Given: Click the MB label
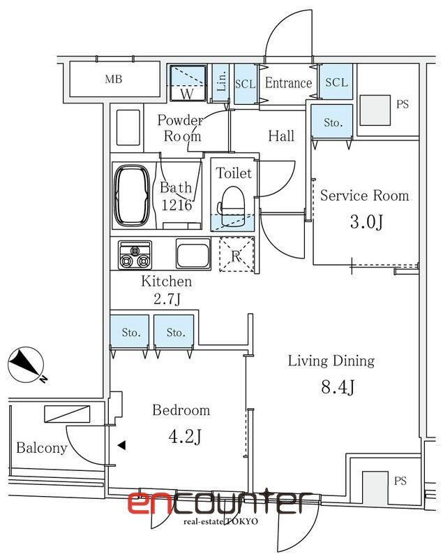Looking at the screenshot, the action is click(114, 79).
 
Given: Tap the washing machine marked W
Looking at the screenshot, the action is click(188, 82).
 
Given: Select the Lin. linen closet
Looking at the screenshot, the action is click(220, 82).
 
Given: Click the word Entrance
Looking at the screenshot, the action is click(288, 82).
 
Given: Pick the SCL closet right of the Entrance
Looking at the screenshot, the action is click(336, 82).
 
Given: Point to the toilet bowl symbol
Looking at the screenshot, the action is click(233, 205).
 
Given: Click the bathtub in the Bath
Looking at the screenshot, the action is click(132, 196).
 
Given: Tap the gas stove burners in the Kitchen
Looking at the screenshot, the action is click(135, 255).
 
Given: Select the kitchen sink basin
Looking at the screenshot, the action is click(193, 253).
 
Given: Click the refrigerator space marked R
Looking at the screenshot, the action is click(236, 254).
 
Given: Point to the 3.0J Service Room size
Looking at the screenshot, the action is click(366, 222).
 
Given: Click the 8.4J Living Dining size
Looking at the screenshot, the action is click(338, 387).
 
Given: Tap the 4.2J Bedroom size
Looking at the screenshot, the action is click(185, 436).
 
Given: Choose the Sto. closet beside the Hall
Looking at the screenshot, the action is click(332, 122).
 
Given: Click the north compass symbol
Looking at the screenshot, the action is click(27, 365).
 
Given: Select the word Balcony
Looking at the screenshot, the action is click(42, 448).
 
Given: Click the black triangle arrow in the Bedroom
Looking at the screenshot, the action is click(121, 445).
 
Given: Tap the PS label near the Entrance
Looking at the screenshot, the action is click(402, 104).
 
